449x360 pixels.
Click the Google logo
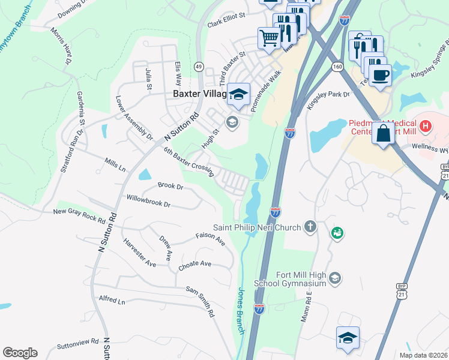(20, 353)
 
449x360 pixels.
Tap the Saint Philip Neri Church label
(258, 227)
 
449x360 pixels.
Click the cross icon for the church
(310, 227)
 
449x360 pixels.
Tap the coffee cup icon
(380, 76)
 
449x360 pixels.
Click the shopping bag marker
(382, 133)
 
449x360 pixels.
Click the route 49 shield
(199, 66)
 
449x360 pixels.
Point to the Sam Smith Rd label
(200, 301)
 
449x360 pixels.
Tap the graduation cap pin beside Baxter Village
(239, 95)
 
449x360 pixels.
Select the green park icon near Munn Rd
(337, 232)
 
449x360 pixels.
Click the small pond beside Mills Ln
(145, 175)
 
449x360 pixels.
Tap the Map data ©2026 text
(423, 355)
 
